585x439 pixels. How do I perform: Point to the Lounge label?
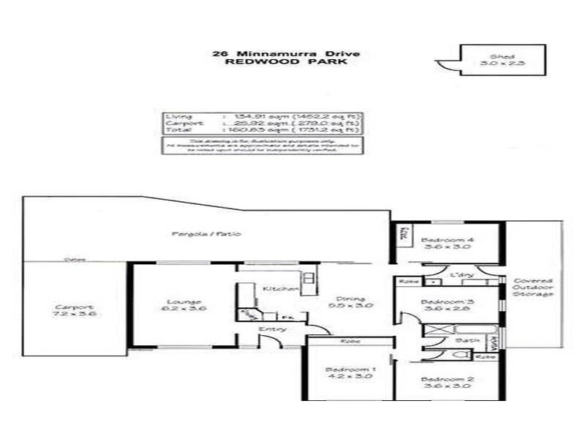point(180,304)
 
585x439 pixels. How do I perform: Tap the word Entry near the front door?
point(271,329)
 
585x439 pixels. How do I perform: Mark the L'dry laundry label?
point(464,274)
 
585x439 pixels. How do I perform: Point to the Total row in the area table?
point(262,130)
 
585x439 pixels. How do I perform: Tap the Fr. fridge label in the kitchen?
point(268,315)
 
